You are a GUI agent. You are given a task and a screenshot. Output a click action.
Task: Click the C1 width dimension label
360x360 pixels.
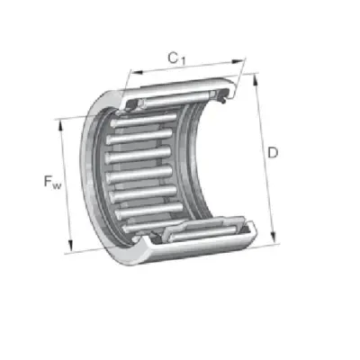(x=176, y=58)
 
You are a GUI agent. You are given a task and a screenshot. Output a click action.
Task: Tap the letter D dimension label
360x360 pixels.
(x=273, y=153)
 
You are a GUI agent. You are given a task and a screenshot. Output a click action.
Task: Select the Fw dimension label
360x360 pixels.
(x=52, y=182)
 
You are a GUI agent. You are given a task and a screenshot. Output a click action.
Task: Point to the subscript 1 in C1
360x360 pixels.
(x=183, y=61)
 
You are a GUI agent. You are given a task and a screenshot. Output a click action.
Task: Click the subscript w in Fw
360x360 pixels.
(x=57, y=186)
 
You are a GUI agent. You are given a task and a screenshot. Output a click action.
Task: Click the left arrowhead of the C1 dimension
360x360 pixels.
(x=137, y=72)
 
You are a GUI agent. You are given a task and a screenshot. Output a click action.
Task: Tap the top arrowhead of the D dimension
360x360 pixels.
(x=256, y=80)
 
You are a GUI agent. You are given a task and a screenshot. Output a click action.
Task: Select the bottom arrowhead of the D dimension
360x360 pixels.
(x=273, y=236)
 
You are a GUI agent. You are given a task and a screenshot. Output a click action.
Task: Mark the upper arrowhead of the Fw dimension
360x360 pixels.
(x=60, y=126)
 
